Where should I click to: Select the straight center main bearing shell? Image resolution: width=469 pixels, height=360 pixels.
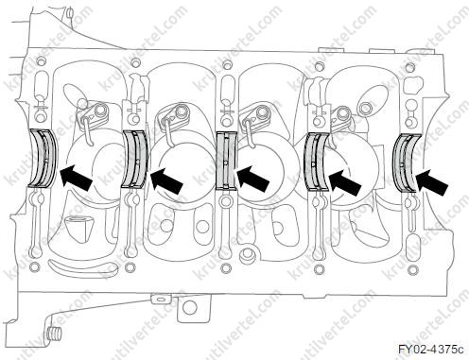click(x=226, y=162)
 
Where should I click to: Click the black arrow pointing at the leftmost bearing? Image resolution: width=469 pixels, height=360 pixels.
click(x=76, y=178)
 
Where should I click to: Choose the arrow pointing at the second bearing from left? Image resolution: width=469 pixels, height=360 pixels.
click(x=167, y=180)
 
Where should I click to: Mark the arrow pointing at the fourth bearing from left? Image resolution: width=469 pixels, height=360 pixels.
click(x=344, y=181)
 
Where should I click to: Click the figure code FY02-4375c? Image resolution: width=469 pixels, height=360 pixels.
click(x=431, y=350)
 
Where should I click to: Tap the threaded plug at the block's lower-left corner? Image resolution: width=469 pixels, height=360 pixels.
click(x=55, y=334)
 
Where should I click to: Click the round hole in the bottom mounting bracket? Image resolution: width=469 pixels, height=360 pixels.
click(x=189, y=306)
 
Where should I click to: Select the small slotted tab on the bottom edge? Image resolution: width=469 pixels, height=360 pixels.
click(x=161, y=298)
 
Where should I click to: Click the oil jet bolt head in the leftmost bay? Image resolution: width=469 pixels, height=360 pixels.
click(x=100, y=111)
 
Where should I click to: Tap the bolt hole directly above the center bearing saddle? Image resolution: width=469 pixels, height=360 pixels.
click(x=226, y=65)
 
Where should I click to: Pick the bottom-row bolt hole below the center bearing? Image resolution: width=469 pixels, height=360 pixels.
click(x=225, y=267)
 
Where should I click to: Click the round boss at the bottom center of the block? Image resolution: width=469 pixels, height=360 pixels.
click(x=247, y=256)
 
